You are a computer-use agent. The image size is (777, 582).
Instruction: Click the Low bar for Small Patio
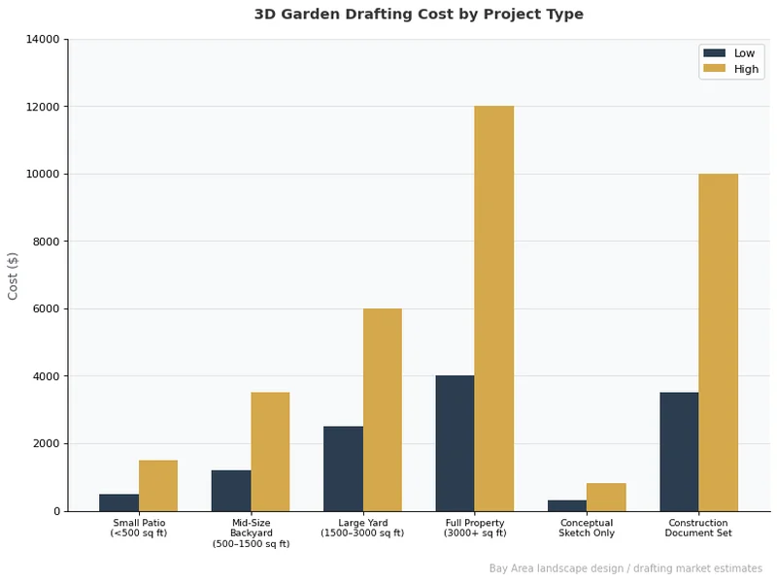(x=118, y=502)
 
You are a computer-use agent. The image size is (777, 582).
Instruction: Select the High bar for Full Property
(x=493, y=308)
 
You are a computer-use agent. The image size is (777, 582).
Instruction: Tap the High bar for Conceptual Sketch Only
(x=606, y=498)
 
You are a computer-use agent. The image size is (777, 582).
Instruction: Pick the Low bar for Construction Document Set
(x=679, y=452)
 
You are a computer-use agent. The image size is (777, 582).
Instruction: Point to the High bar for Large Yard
(x=382, y=410)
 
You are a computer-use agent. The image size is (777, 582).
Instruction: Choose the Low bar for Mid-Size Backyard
(x=231, y=491)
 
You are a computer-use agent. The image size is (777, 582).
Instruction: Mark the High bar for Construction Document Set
(x=718, y=342)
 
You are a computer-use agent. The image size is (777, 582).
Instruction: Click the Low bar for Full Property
(x=455, y=443)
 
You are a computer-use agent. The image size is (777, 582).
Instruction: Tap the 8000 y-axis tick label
(x=48, y=242)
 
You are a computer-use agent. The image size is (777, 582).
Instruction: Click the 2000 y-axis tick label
(x=48, y=444)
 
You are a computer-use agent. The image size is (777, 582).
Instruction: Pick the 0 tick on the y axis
(x=56, y=511)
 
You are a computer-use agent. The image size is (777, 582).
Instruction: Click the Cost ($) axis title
(x=14, y=275)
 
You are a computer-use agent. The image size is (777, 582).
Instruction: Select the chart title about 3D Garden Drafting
(x=419, y=15)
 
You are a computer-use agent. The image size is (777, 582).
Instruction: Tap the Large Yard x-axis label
(x=362, y=529)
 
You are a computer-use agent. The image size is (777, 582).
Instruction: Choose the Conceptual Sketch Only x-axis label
(x=587, y=529)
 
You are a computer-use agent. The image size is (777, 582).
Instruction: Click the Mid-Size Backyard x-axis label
(x=251, y=533)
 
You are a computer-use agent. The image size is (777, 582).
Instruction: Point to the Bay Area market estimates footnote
(x=625, y=568)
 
